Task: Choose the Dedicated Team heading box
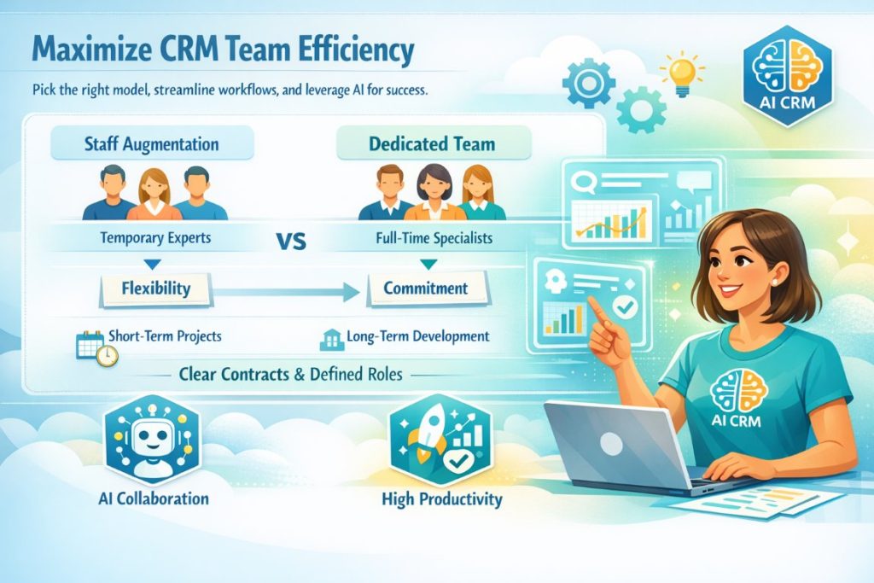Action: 432,143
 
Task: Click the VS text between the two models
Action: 292,240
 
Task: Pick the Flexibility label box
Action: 156,289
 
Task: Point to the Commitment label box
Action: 425,289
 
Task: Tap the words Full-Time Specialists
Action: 434,238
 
